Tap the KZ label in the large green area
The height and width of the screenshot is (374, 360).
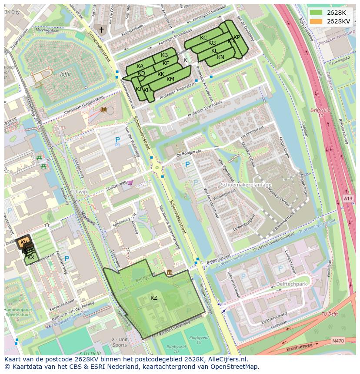coord(154,298)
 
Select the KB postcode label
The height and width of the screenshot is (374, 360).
coord(164,55)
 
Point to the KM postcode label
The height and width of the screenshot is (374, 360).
coord(170,79)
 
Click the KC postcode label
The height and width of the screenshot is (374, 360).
coord(203,38)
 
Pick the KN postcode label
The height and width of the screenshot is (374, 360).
coord(220,57)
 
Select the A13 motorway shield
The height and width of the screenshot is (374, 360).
coord(348,199)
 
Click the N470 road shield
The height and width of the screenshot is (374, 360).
coord(337,341)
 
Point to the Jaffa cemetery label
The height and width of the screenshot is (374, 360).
coord(66,74)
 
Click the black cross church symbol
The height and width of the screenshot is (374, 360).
coord(102,30)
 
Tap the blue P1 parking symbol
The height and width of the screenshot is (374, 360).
coord(117,141)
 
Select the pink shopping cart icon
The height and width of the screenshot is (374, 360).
coord(130,183)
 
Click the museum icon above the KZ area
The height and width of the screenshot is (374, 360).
coord(169,272)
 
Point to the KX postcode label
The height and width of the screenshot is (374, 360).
coord(31,258)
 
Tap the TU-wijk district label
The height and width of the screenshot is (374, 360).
coord(80,192)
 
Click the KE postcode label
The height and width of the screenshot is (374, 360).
coord(166,63)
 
